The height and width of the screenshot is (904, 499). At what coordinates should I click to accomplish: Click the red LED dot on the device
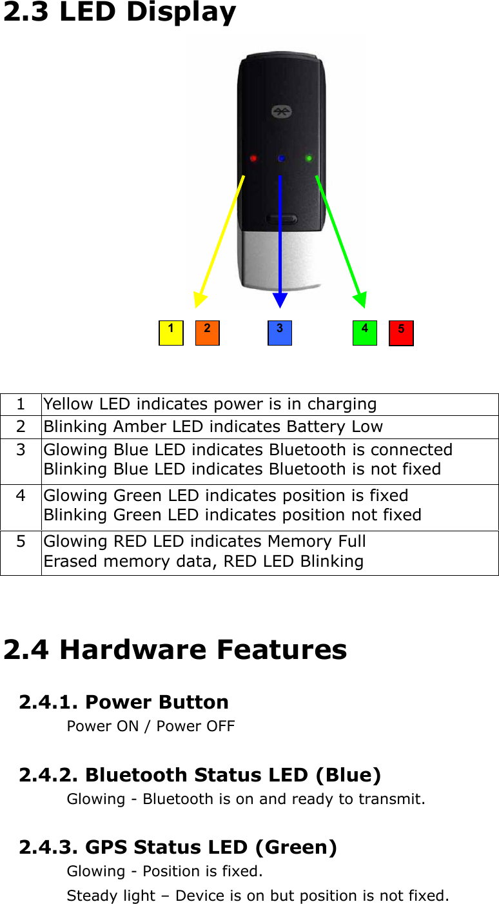253,158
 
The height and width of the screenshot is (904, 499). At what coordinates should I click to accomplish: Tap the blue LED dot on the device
281,158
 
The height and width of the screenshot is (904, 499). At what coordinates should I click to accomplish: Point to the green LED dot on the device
309,158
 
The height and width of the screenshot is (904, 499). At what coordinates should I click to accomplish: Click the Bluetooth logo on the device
280,112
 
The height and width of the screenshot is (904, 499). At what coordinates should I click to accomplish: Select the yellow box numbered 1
171,333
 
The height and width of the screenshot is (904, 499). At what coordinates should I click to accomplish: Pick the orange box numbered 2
207,333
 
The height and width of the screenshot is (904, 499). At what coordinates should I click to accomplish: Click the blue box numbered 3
279,333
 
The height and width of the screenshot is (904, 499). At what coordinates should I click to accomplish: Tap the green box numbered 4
364,333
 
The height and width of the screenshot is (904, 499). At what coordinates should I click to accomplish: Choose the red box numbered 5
401,333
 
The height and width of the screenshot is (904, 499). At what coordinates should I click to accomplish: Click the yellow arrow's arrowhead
200,299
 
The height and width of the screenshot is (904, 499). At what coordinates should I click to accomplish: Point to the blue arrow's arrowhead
280,300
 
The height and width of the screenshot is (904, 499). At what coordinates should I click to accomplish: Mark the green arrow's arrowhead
360,299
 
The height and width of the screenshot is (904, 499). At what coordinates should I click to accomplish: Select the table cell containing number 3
21,460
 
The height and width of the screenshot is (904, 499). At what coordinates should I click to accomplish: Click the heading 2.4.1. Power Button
124,702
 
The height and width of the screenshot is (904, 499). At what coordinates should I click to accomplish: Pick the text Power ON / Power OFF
151,726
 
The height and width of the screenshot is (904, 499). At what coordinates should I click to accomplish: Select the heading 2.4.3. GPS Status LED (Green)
178,847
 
